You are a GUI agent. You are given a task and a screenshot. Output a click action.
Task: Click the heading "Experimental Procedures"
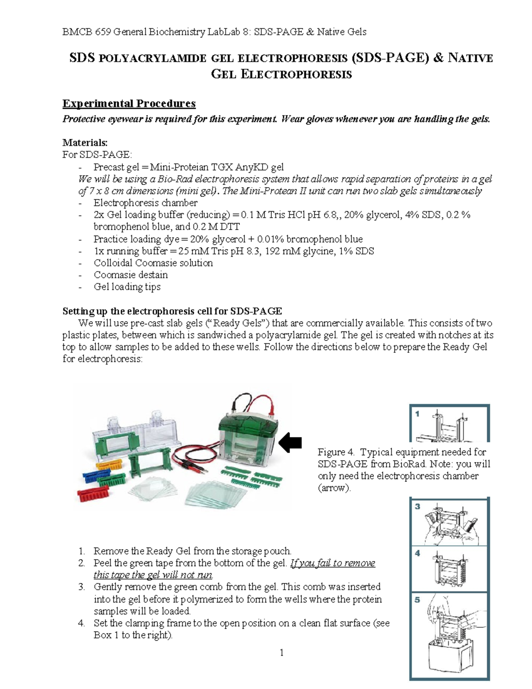129,103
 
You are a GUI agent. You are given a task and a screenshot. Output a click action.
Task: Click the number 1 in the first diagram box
417,413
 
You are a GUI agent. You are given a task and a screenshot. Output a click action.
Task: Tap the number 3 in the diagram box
417,506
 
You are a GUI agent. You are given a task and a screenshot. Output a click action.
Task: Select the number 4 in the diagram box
417,553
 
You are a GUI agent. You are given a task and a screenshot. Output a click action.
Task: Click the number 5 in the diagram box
417,599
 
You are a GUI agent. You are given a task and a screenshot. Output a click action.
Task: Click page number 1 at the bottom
281,652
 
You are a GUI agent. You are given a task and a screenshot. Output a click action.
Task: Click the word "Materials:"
85,142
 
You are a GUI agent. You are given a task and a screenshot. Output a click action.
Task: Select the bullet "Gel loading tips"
127,287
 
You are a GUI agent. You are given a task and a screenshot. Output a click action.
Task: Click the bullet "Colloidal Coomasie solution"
153,263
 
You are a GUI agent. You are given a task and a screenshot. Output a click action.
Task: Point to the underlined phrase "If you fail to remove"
332,563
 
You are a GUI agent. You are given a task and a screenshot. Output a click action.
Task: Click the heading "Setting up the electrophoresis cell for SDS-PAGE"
172,311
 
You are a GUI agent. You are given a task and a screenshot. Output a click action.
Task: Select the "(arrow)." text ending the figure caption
334,488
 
